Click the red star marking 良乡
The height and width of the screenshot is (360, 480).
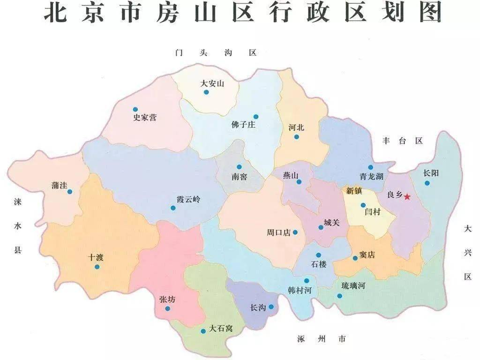407,197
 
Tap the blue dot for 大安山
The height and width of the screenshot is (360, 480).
206,92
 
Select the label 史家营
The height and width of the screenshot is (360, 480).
145,118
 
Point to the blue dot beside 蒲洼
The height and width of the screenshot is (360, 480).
70,192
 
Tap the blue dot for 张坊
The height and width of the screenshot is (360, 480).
168,309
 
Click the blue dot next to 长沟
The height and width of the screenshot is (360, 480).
271,307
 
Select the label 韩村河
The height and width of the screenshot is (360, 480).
300,290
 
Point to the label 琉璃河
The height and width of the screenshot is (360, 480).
352,285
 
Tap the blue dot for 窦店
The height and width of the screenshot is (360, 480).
355,258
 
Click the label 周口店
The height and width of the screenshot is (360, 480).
279,232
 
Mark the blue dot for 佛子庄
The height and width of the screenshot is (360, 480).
256,117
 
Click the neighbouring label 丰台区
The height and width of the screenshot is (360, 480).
403,141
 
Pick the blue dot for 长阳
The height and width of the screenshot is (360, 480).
427,183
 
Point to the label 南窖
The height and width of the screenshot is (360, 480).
238,178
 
